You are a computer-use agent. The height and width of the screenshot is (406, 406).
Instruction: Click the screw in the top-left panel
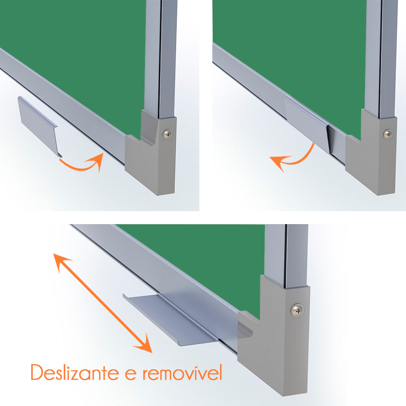coord(167,134)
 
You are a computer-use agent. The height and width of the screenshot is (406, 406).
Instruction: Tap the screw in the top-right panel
coord(388,134)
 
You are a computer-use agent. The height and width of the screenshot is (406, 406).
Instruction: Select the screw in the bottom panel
coord(297,310)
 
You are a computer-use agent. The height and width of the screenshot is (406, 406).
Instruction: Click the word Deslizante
coord(75,372)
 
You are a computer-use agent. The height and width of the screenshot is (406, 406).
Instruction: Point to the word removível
coord(182,372)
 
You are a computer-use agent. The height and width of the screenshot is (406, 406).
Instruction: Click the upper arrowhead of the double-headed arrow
coord(61,261)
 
